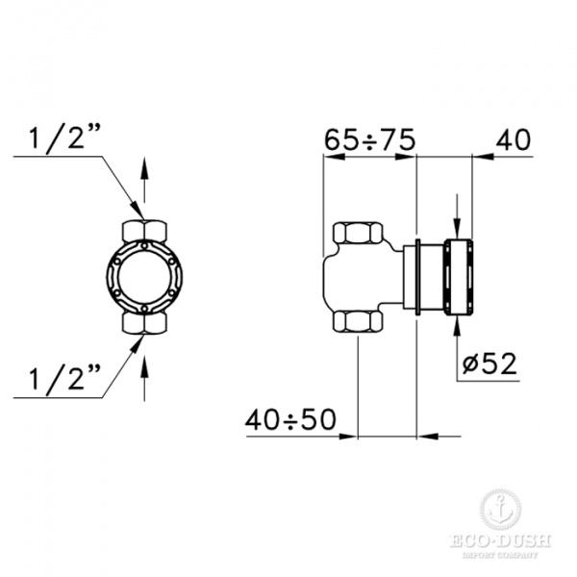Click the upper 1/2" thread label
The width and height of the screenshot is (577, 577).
coord(64,138)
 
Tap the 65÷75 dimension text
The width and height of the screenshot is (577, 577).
coord(369,140)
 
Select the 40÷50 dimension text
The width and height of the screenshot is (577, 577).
coord(290,420)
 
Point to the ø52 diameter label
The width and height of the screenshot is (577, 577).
coord(489,364)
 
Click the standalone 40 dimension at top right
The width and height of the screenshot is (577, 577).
coord(513,139)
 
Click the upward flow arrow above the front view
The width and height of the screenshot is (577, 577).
coord(144,180)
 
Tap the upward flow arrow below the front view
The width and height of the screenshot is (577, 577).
coord(144,378)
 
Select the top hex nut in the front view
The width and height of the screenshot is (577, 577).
coord(144,231)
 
